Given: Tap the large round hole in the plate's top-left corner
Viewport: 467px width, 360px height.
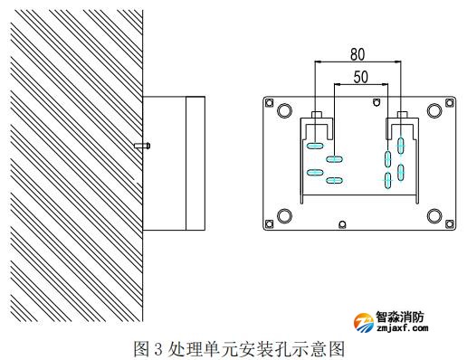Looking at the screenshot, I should (284, 110).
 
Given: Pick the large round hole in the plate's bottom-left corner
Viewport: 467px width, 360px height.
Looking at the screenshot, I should (284, 215).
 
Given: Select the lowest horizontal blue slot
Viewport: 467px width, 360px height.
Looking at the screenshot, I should (334, 181).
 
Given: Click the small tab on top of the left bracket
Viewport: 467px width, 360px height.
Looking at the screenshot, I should (314, 116).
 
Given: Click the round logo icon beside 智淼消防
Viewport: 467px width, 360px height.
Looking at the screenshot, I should (363, 323).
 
